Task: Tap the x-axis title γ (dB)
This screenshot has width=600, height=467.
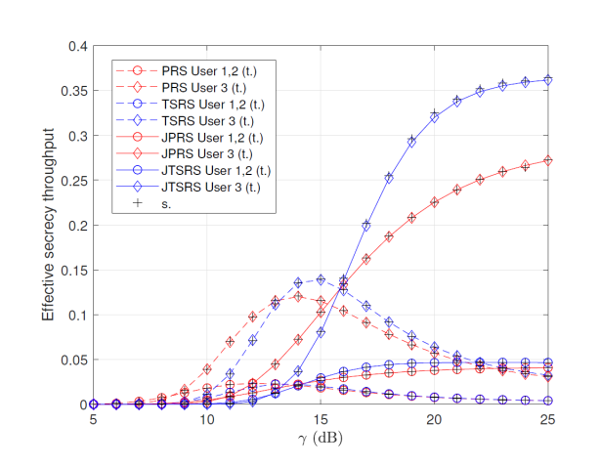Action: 321,439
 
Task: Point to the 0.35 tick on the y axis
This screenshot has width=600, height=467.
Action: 72,91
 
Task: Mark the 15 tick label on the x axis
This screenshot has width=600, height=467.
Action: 321,418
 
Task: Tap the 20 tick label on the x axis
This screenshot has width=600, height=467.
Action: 435,418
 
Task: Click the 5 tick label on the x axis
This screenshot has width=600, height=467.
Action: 93,418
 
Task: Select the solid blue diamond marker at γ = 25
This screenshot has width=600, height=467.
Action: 548,80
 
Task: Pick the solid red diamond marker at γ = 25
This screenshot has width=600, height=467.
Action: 548,160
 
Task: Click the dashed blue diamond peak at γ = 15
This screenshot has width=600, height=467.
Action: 321,279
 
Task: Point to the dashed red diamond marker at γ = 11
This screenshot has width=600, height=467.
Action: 230,342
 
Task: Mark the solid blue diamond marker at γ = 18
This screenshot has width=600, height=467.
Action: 389,178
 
